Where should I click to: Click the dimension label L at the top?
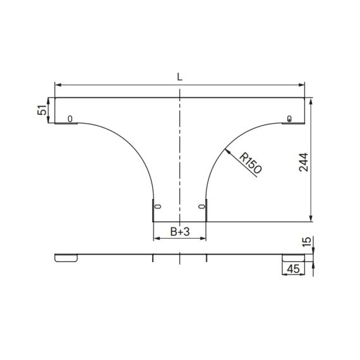coord(180,77)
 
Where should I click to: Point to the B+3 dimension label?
coord(180,232)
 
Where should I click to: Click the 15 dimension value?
coord(307,242)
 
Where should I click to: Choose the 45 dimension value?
coord(293,269)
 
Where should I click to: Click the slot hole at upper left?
coord(69,119)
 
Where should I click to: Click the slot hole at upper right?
coord(289,119)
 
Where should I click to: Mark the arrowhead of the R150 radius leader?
coord(226,150)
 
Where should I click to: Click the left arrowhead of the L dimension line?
coord(57,84)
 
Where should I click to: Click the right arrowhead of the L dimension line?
coord(302,84)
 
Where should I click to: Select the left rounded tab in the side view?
coord(66,258)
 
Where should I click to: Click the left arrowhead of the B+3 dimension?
coord(157,239)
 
